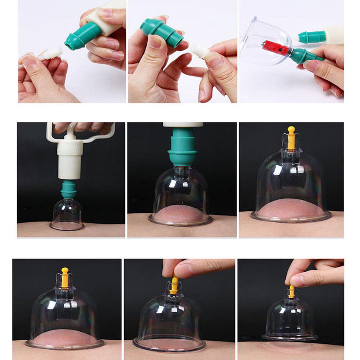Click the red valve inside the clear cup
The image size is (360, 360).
pos(276,47)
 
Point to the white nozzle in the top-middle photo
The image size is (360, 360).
pos(200,50)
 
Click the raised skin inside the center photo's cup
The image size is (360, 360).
pos(180,214)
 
